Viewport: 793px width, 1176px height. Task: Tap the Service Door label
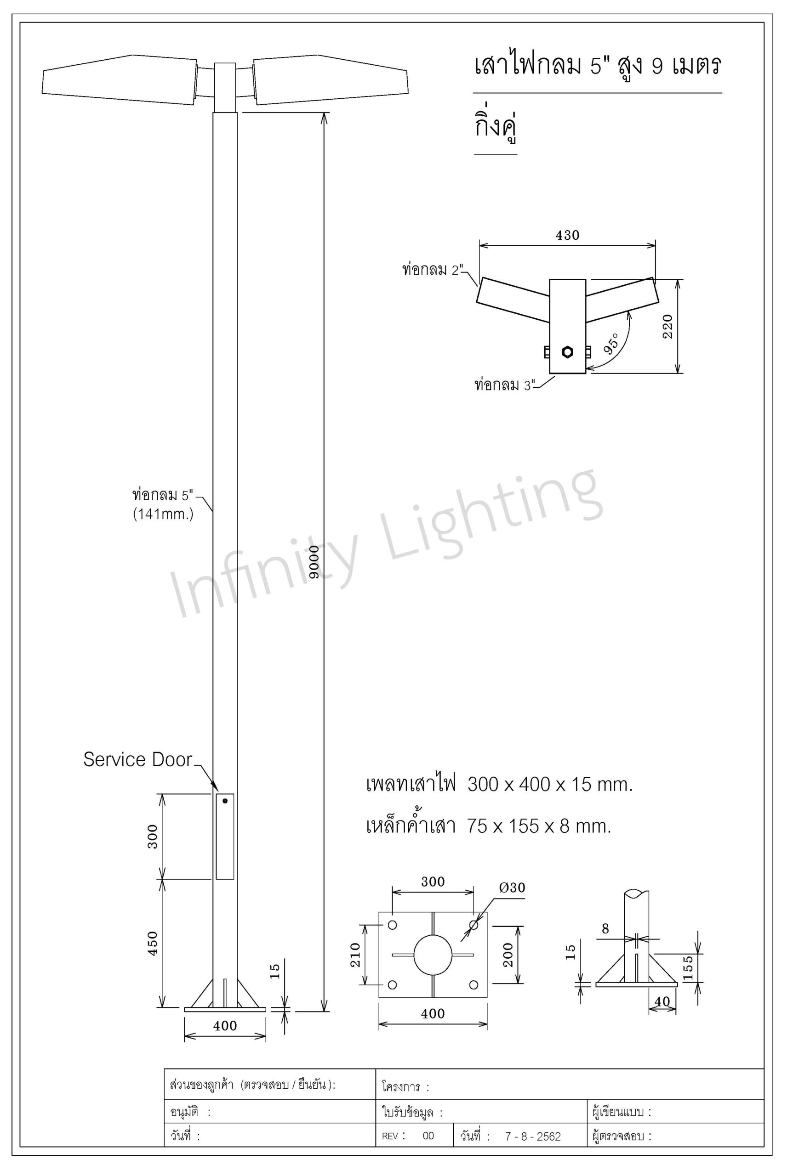[137, 759]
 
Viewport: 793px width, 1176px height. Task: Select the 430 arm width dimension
[567, 235]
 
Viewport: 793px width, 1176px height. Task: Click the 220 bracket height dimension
[668, 327]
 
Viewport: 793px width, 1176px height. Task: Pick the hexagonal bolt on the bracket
[567, 352]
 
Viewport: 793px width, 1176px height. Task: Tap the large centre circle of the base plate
[433, 955]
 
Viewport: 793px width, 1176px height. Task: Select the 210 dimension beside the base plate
[355, 955]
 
